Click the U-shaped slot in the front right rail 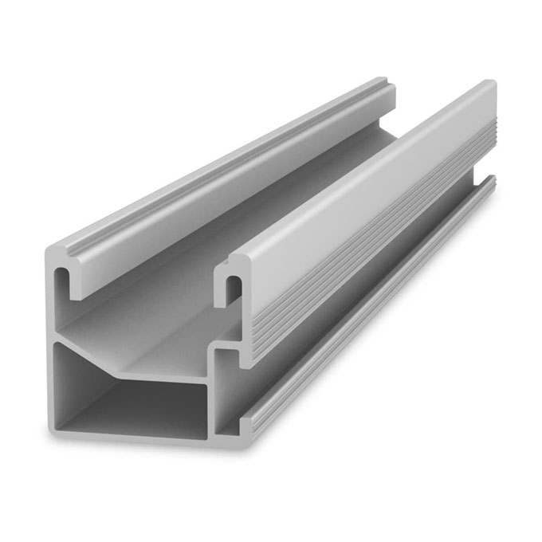pos(233,289)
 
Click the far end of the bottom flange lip pos(491,184)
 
